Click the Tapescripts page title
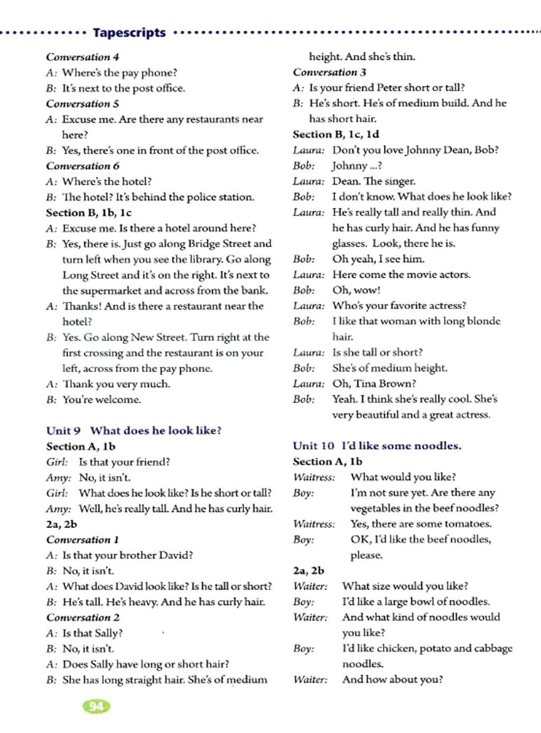coord(129,33)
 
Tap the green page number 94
coord(96,707)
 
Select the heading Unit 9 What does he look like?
coord(134,431)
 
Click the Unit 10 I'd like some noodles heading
coord(377,446)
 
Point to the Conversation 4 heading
coord(82,57)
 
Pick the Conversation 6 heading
coord(82,166)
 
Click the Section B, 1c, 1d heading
coord(336,134)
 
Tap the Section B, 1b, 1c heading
coord(89,213)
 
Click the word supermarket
coord(110,291)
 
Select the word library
coord(205,259)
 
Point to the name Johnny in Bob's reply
coord(349,166)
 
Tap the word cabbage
coord(492,648)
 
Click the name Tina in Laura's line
coord(366,384)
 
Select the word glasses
coord(349,244)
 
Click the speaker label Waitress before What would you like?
coord(314,478)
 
